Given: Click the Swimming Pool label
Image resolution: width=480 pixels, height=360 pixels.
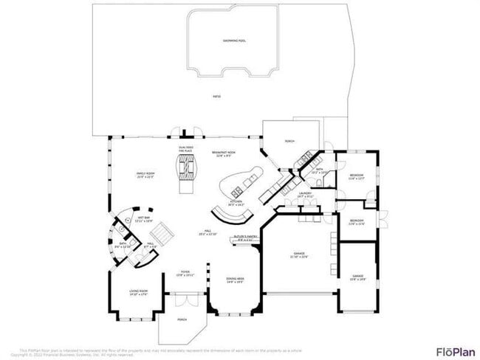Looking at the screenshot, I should coord(235,41).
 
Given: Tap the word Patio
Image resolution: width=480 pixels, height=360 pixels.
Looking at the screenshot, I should coord(216,96).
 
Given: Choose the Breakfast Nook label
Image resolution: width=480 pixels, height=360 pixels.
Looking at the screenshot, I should coord(224,154).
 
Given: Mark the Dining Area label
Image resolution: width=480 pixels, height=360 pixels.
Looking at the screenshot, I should coord(235,280).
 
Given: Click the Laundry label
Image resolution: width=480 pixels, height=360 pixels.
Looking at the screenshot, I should coord(305,196).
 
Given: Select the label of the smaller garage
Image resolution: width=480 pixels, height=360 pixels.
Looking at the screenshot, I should coord(357,277).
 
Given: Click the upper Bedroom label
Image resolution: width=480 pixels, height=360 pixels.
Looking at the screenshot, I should coord(357,176).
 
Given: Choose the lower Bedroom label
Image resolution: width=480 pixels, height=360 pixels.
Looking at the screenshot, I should coord(356,222).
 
